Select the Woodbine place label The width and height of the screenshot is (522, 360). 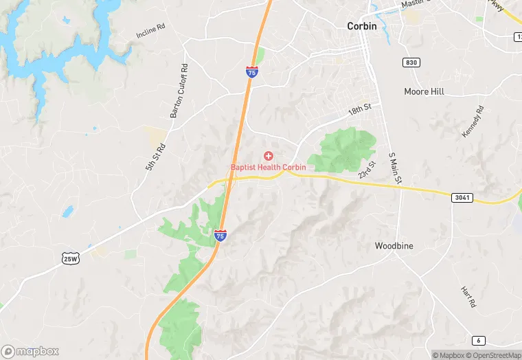pyautogui.click(x=394, y=245)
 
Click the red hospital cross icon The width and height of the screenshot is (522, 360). pyautogui.click(x=268, y=157)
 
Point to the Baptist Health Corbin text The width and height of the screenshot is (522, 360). pyautogui.click(x=268, y=168)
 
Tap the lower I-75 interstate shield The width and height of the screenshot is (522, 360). pyautogui.click(x=220, y=236)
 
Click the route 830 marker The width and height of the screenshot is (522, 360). pyautogui.click(x=411, y=63)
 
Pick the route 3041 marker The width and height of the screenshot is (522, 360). pyautogui.click(x=463, y=197)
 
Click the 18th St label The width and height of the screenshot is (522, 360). pyautogui.click(x=359, y=109)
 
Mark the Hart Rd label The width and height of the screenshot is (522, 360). pyautogui.click(x=468, y=297)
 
